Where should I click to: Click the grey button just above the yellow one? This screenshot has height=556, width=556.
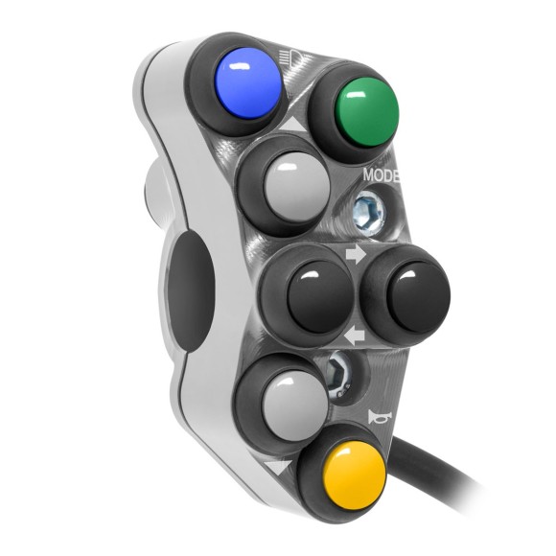coord(295,405)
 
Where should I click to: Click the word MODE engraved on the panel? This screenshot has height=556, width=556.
coord(382,175)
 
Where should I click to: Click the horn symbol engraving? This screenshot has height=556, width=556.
coord(380,417)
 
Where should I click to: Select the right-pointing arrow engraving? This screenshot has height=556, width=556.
coord(356,254)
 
